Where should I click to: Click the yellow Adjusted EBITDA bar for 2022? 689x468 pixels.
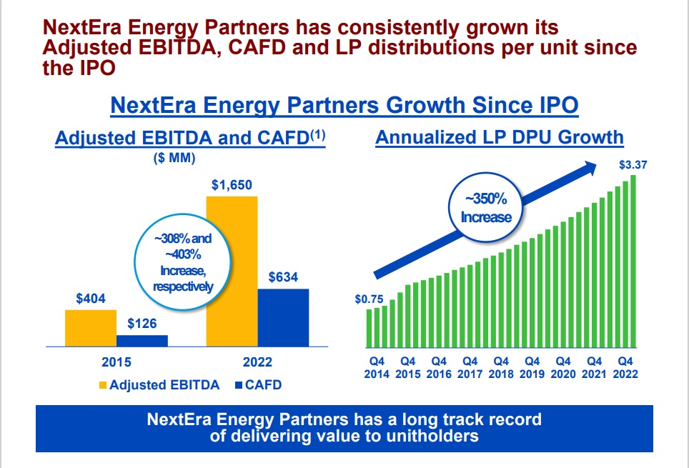(x=232, y=272)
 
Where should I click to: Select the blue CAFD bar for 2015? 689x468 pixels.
(x=142, y=341)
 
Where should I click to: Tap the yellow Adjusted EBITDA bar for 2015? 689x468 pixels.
(x=90, y=328)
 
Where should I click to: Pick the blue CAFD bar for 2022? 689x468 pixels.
(x=283, y=317)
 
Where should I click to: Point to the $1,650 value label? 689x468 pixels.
(x=232, y=185)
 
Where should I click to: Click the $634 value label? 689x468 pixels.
(x=283, y=278)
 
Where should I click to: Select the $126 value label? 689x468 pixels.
(x=142, y=324)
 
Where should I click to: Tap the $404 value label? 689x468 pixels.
(x=91, y=299)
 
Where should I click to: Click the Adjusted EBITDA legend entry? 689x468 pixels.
(x=159, y=385)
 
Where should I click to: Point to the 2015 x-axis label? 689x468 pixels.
(x=116, y=363)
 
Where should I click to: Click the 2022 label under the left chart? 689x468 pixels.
(x=257, y=363)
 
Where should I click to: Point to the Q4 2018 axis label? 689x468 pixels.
(x=501, y=367)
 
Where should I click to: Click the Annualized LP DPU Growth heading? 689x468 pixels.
(x=500, y=137)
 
